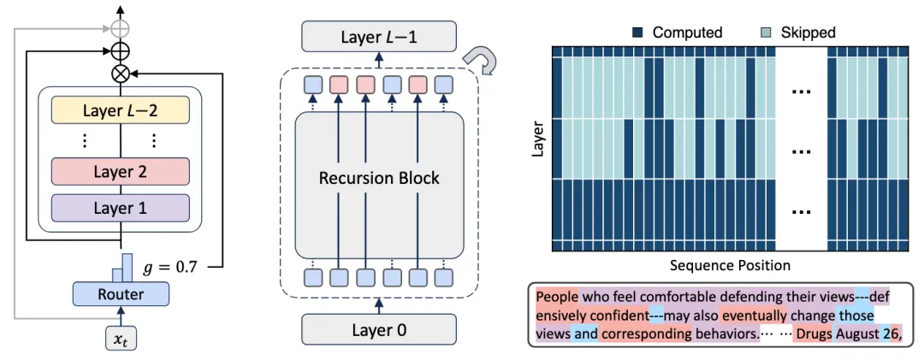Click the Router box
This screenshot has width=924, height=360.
point(121,292)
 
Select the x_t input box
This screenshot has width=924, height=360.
point(121,338)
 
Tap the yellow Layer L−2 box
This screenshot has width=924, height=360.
point(121,111)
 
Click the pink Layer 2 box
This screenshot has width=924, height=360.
point(121,172)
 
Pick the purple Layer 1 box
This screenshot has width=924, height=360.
point(121,208)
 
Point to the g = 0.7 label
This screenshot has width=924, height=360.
point(169,269)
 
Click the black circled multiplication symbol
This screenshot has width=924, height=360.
point(121,73)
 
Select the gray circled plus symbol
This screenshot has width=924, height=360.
point(121,28)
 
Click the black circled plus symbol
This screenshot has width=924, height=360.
point(121,50)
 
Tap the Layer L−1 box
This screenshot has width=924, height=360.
point(379,37)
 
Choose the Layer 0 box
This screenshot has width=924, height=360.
point(379,329)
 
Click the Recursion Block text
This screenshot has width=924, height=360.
point(379,177)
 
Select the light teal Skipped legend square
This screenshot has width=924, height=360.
point(768,32)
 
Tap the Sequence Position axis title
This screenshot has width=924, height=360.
point(730,265)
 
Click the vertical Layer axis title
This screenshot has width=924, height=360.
point(536,139)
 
